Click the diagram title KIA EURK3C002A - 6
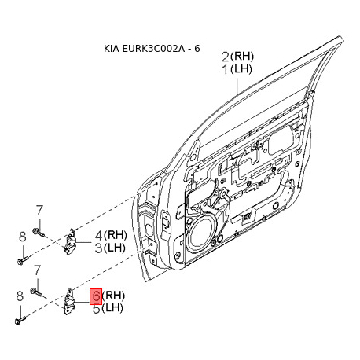pos(152,49)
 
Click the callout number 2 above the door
pos(226,57)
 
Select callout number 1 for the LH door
pos(226,69)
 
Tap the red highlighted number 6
pos(96,296)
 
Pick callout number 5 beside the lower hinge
pos(97,309)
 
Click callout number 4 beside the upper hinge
pos(98,236)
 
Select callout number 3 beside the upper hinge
pos(98,248)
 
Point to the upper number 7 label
pos(39,210)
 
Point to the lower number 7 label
pos(38,270)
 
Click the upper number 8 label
pos(23,237)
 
